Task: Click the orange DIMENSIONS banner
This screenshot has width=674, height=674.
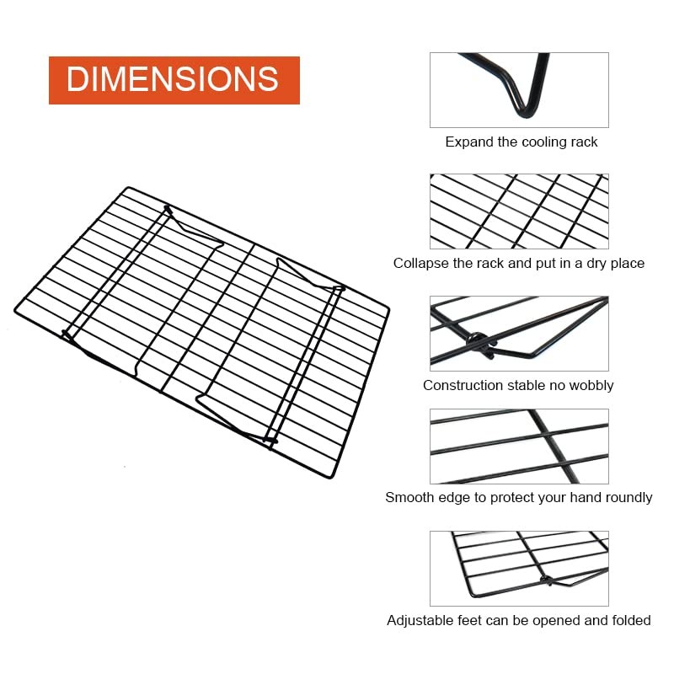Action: click(x=174, y=80)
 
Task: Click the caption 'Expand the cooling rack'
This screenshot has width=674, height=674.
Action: click(x=522, y=142)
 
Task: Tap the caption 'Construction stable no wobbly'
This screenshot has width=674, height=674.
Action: click(x=518, y=385)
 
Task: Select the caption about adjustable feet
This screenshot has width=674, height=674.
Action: click(x=518, y=620)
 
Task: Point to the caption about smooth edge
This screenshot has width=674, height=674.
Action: click(x=518, y=497)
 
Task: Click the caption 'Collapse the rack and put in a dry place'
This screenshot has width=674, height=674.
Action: click(x=518, y=263)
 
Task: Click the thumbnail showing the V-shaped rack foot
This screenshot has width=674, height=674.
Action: click(x=519, y=90)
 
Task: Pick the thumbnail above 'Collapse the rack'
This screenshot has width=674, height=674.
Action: click(x=519, y=211)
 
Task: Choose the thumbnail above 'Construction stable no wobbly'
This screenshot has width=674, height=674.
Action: click(x=519, y=333)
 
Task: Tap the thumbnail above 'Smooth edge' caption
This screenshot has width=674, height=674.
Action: click(x=519, y=447)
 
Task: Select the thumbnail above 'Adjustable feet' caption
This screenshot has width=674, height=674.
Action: click(x=519, y=569)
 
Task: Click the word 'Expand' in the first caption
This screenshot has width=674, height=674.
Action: click(x=468, y=142)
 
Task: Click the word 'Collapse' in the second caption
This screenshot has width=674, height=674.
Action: click(x=422, y=263)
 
